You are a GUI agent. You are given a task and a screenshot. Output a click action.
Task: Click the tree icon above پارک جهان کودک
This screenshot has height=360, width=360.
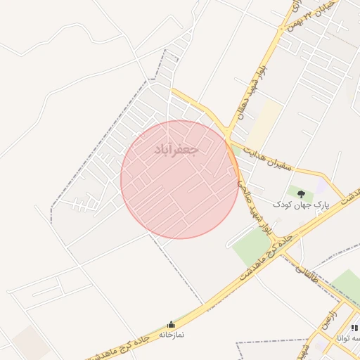click(302, 193)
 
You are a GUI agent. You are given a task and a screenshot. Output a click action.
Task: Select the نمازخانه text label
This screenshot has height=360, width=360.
click(170, 335)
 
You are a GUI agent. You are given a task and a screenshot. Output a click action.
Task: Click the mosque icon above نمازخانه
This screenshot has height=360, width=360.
click(170, 325)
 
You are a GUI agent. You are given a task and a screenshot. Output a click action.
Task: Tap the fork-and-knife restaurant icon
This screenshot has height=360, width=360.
click(354, 328)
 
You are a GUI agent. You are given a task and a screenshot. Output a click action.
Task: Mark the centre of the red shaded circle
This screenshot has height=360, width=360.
click(180, 179)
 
